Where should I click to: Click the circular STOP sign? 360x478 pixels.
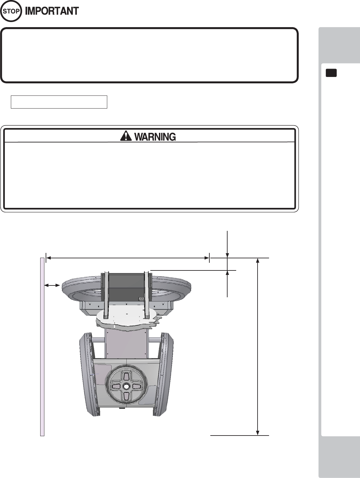(11, 11)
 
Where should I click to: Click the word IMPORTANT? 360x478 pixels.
(52, 11)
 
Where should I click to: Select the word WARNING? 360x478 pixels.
(155, 137)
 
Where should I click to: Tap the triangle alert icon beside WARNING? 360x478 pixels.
(126, 136)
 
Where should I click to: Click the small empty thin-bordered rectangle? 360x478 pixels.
(59, 102)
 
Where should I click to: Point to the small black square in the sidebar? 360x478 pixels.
(331, 73)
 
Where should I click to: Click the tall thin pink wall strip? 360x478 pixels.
(42, 347)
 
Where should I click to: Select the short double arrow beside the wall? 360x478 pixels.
(52, 285)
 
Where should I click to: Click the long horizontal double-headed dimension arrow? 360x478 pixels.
(128, 258)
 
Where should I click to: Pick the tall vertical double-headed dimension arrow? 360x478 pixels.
(258, 347)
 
